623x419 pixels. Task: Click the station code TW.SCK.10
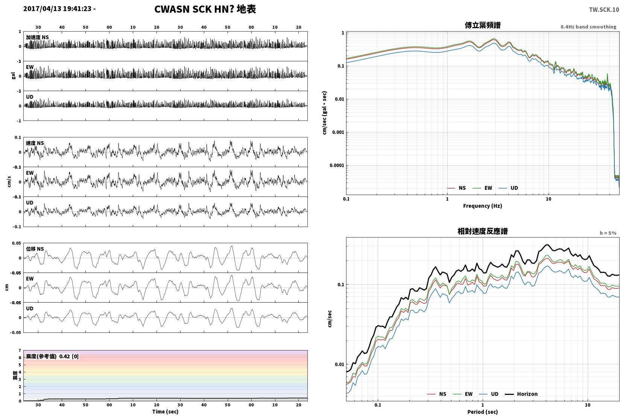(604, 10)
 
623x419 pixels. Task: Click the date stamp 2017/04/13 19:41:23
(57, 9)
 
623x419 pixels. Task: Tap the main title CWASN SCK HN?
(194, 9)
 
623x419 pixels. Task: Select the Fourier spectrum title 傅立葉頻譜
(483, 25)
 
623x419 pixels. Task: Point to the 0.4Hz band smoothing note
(588, 27)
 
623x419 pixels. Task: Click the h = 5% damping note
(608, 233)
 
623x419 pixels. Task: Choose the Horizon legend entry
(521, 394)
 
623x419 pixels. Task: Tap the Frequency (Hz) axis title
(483, 206)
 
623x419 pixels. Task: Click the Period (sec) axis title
(483, 412)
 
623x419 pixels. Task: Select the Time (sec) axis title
(165, 411)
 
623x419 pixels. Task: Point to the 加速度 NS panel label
(37, 37)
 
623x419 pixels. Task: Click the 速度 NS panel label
(35, 143)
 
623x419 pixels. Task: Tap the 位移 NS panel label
(35, 249)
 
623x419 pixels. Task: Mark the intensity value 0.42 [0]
(69, 357)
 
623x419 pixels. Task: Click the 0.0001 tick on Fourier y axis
(337, 166)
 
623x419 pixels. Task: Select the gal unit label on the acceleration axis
(13, 76)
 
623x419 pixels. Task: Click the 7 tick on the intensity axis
(20, 350)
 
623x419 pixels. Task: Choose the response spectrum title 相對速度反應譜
(483, 231)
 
